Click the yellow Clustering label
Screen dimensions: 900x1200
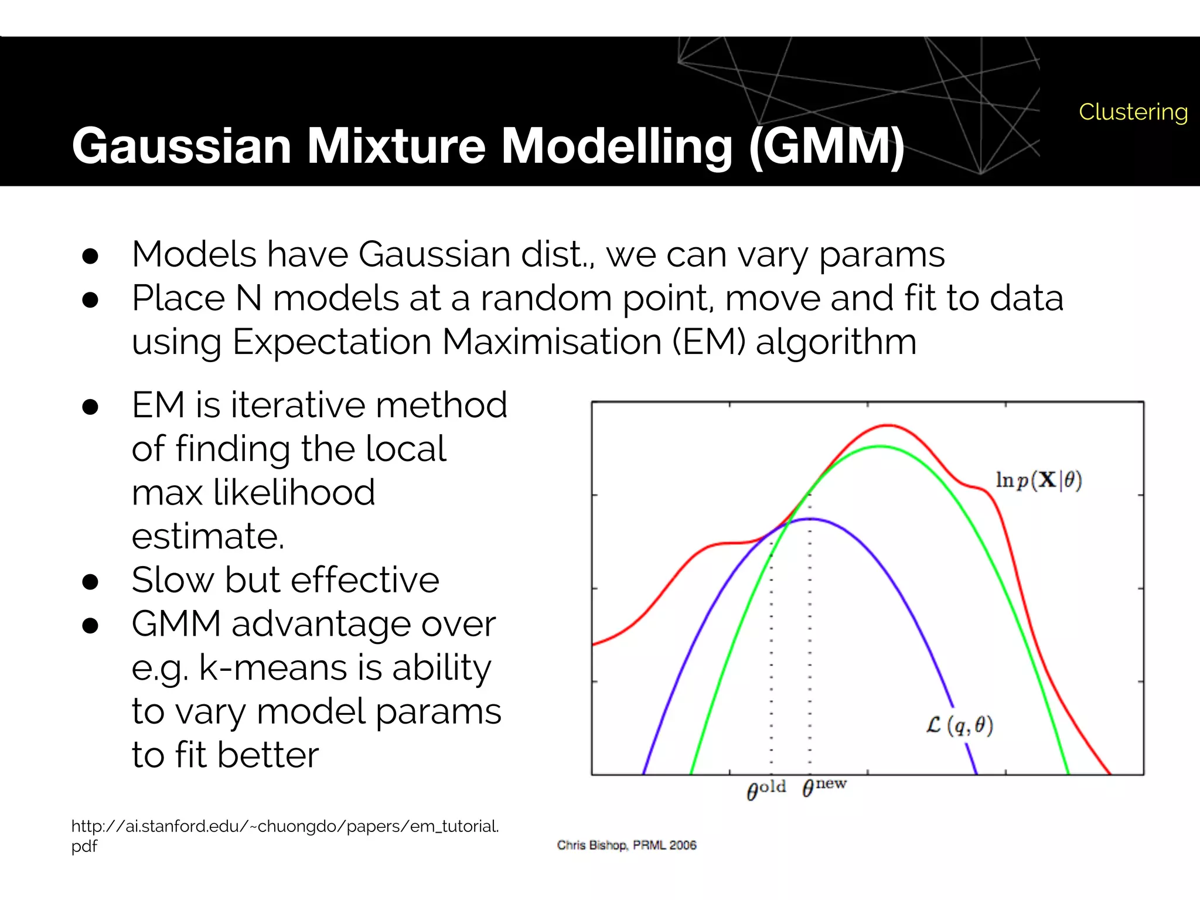[x=1133, y=112]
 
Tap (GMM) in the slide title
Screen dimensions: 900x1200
[x=826, y=146]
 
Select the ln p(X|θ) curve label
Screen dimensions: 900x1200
[x=1038, y=480]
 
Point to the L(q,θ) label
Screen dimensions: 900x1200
[x=960, y=725]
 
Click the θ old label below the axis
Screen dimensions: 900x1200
[x=766, y=789]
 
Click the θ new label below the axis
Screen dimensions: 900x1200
[x=824, y=786]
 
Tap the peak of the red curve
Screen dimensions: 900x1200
[x=888, y=425]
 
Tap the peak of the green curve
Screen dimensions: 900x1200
[x=880, y=446]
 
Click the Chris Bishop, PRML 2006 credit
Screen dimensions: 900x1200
[x=626, y=845]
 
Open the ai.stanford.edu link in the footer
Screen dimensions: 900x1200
[x=285, y=827]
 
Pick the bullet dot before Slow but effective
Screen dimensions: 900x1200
[x=90, y=582]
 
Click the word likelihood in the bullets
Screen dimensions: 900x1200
[x=294, y=492]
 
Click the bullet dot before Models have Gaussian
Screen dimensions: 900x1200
[x=90, y=256]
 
